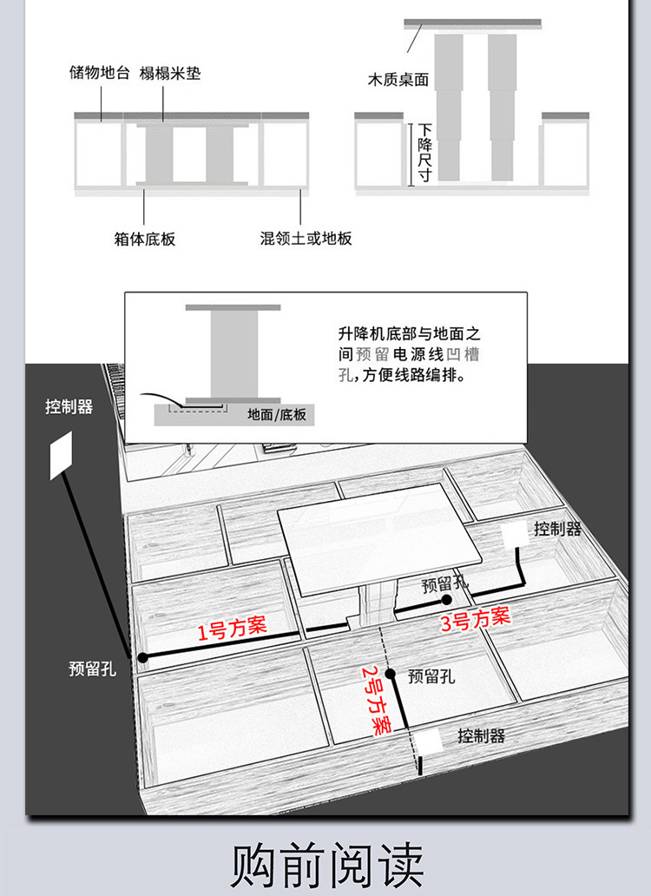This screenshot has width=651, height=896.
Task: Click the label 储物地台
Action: click(x=100, y=73)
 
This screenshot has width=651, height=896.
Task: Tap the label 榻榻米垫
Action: click(x=170, y=73)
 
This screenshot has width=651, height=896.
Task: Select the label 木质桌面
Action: click(x=398, y=80)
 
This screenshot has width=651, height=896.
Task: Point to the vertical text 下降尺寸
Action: click(x=424, y=153)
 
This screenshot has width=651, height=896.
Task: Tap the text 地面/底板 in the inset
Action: click(x=276, y=415)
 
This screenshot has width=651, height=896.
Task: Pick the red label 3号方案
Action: click(x=474, y=618)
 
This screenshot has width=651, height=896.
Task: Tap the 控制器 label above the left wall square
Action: click(x=69, y=406)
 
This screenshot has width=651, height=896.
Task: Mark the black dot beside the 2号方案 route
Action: click(x=391, y=674)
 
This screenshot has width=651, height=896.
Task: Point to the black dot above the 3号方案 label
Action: click(x=446, y=600)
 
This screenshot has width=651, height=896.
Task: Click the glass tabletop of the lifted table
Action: click(x=378, y=534)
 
